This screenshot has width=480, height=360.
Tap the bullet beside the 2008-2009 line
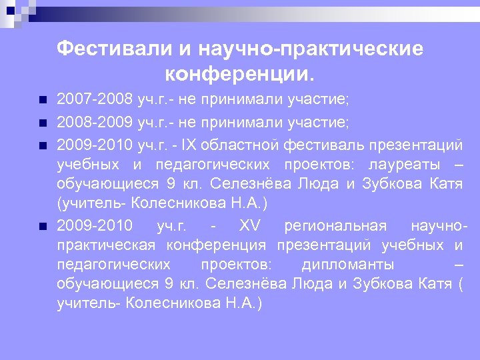tap(43, 123)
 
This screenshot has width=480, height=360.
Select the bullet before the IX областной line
tap(43, 144)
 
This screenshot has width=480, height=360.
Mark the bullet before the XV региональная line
tap(43, 227)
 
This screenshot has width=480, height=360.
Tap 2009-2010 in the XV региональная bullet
tap(95, 226)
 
